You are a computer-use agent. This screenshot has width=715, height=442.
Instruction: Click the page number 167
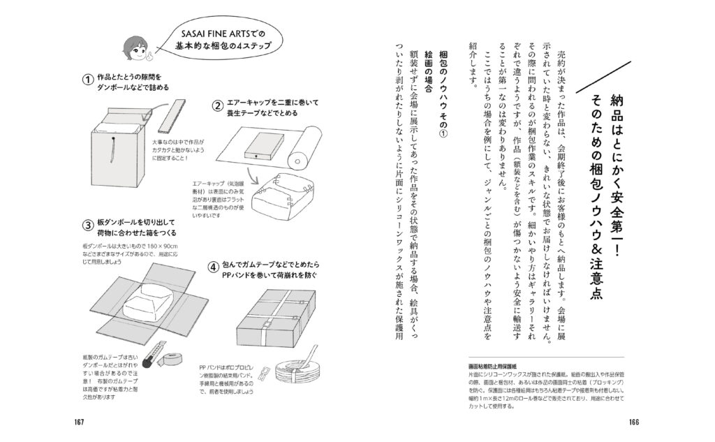[x=79, y=420]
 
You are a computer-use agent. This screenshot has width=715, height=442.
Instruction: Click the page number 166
[x=634, y=420]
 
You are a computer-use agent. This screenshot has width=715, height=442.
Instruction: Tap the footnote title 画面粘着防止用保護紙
[x=492, y=365]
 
